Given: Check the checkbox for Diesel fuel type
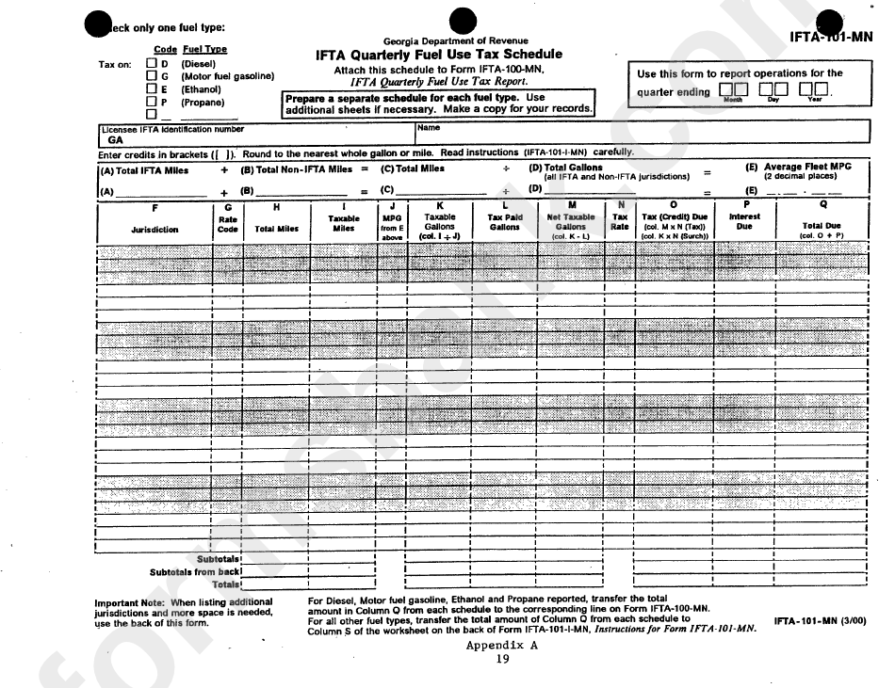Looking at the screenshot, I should click(152, 64).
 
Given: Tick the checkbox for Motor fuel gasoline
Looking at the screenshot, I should click(152, 76).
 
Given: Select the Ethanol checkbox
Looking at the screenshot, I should click(152, 89).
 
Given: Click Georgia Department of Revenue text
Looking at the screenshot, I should click(456, 41).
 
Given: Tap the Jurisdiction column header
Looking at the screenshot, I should click(155, 228).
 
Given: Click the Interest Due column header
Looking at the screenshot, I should click(744, 221).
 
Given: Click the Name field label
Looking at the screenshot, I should click(428, 128).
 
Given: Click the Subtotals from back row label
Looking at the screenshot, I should click(195, 571).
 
